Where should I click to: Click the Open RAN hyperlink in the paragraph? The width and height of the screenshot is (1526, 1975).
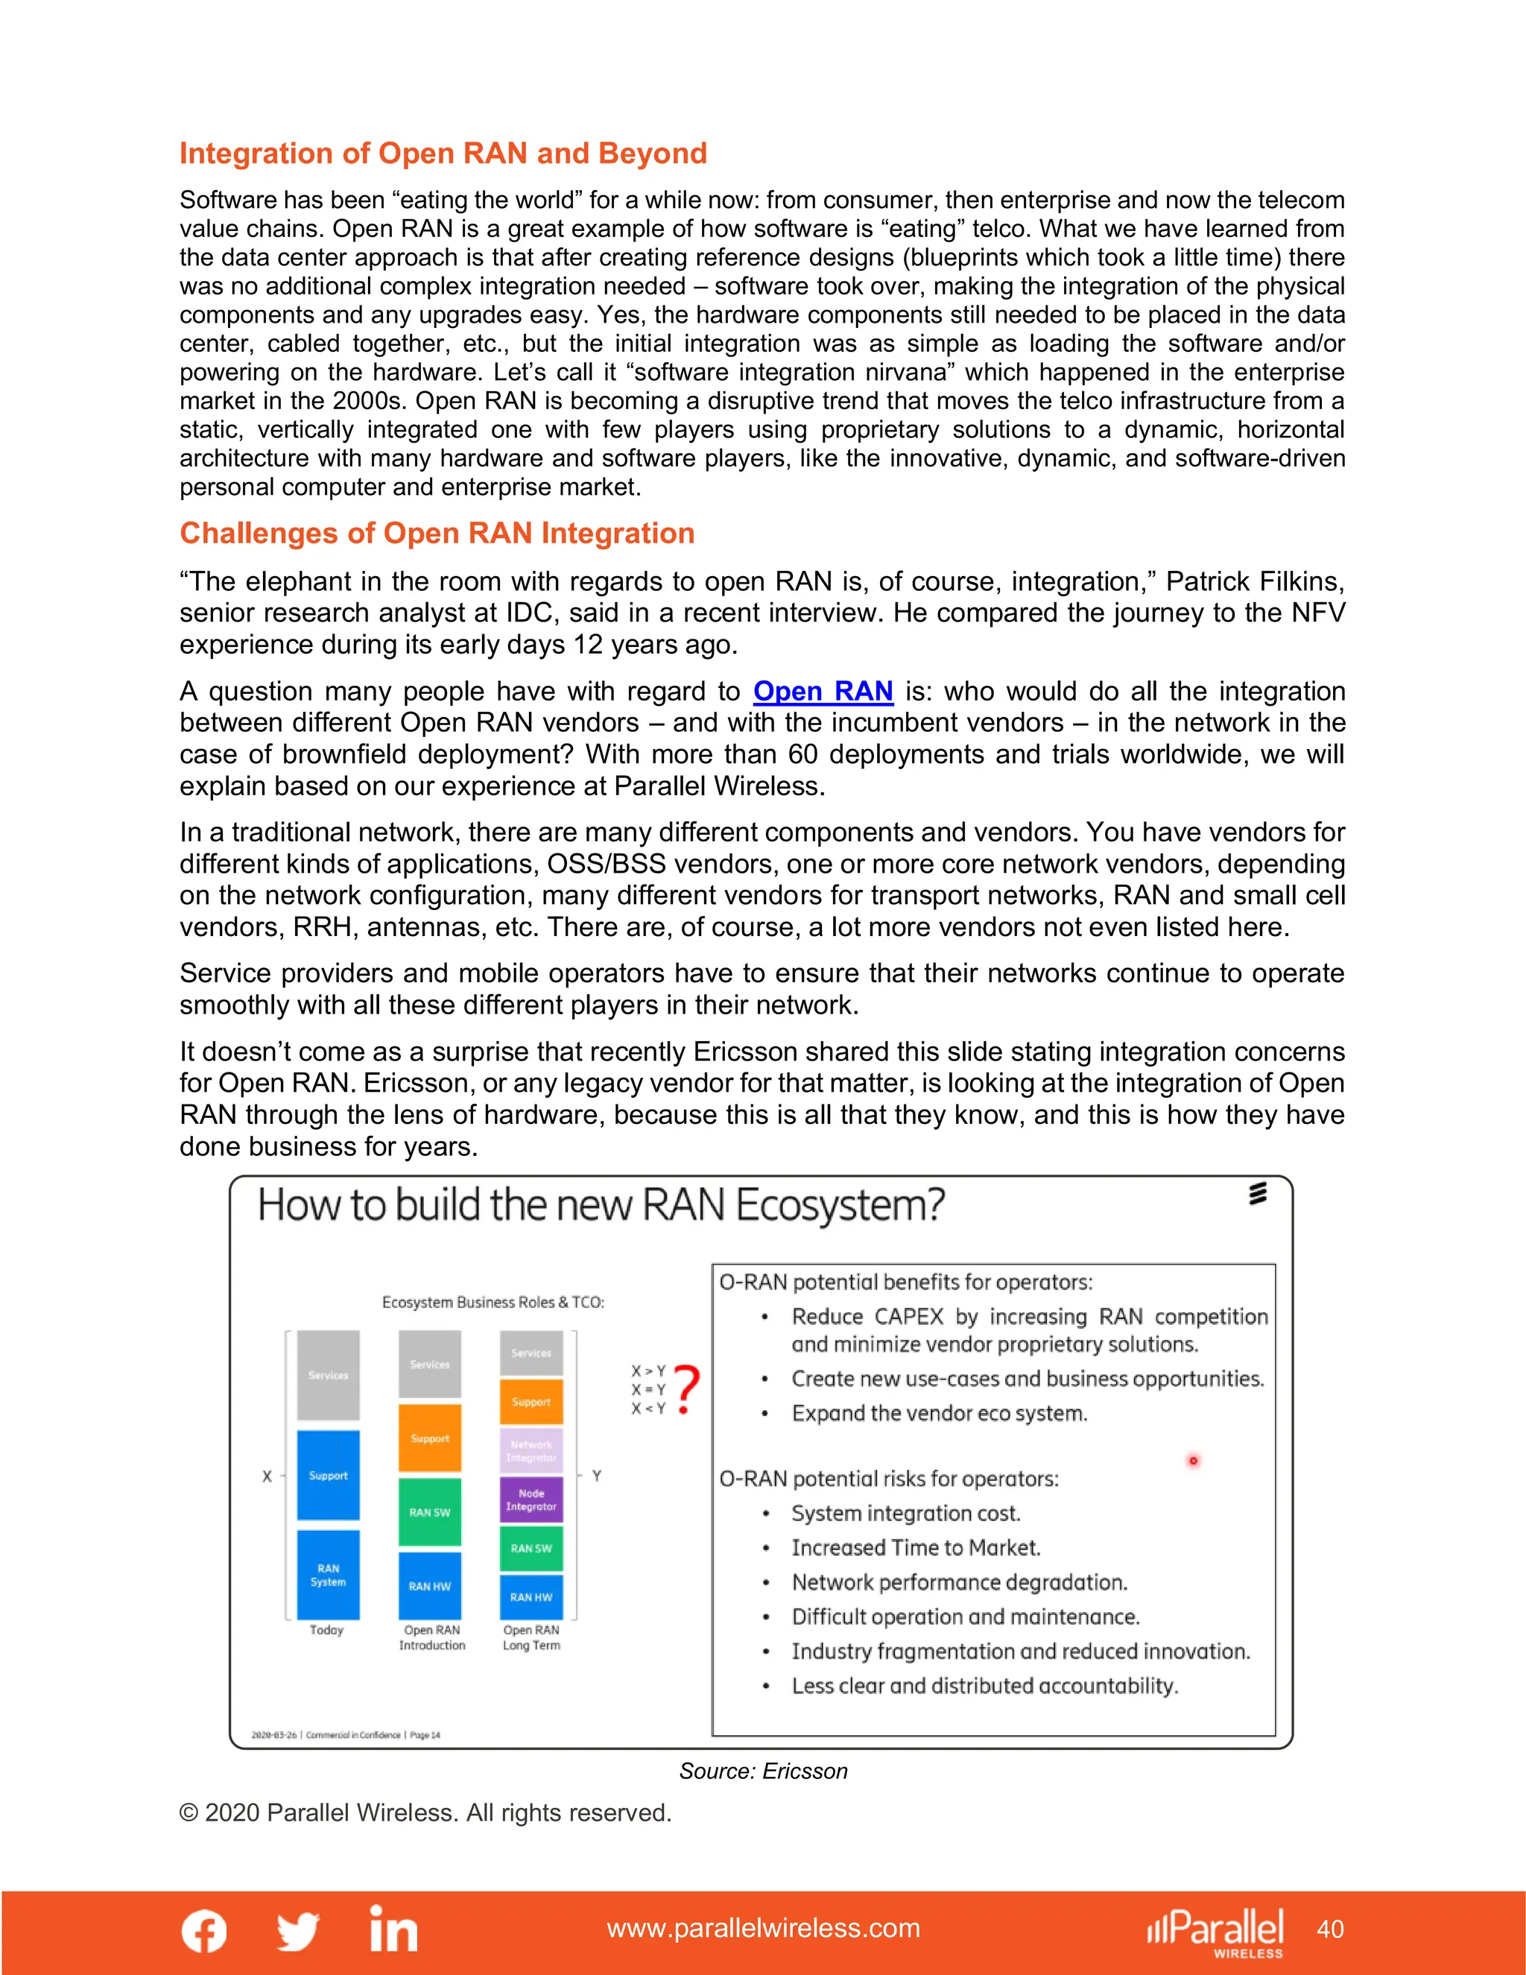(823, 692)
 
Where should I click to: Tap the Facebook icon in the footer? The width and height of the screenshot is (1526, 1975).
(204, 1931)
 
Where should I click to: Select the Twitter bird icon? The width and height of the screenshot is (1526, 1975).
(298, 1931)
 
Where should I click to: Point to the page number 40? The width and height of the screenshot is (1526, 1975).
(1330, 1929)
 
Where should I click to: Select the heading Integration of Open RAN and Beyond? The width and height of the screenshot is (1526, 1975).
(443, 154)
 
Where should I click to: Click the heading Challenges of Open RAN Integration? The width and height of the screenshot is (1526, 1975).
(437, 534)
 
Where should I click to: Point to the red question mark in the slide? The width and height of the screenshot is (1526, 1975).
(687, 1388)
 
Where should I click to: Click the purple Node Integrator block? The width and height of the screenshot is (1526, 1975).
(531, 1500)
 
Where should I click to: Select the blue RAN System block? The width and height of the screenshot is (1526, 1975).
(328, 1574)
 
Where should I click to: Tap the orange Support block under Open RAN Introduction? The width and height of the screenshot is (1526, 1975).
(429, 1438)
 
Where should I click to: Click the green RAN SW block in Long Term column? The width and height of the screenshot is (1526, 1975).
(531, 1548)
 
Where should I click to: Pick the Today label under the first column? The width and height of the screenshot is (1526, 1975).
(326, 1629)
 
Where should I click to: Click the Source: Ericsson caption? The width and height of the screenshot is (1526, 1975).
(763, 1771)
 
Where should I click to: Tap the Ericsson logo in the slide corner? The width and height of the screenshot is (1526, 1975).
(1258, 1194)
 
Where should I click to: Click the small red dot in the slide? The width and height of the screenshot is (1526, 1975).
(1194, 1461)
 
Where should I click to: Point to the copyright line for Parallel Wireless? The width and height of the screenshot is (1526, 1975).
(425, 1813)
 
